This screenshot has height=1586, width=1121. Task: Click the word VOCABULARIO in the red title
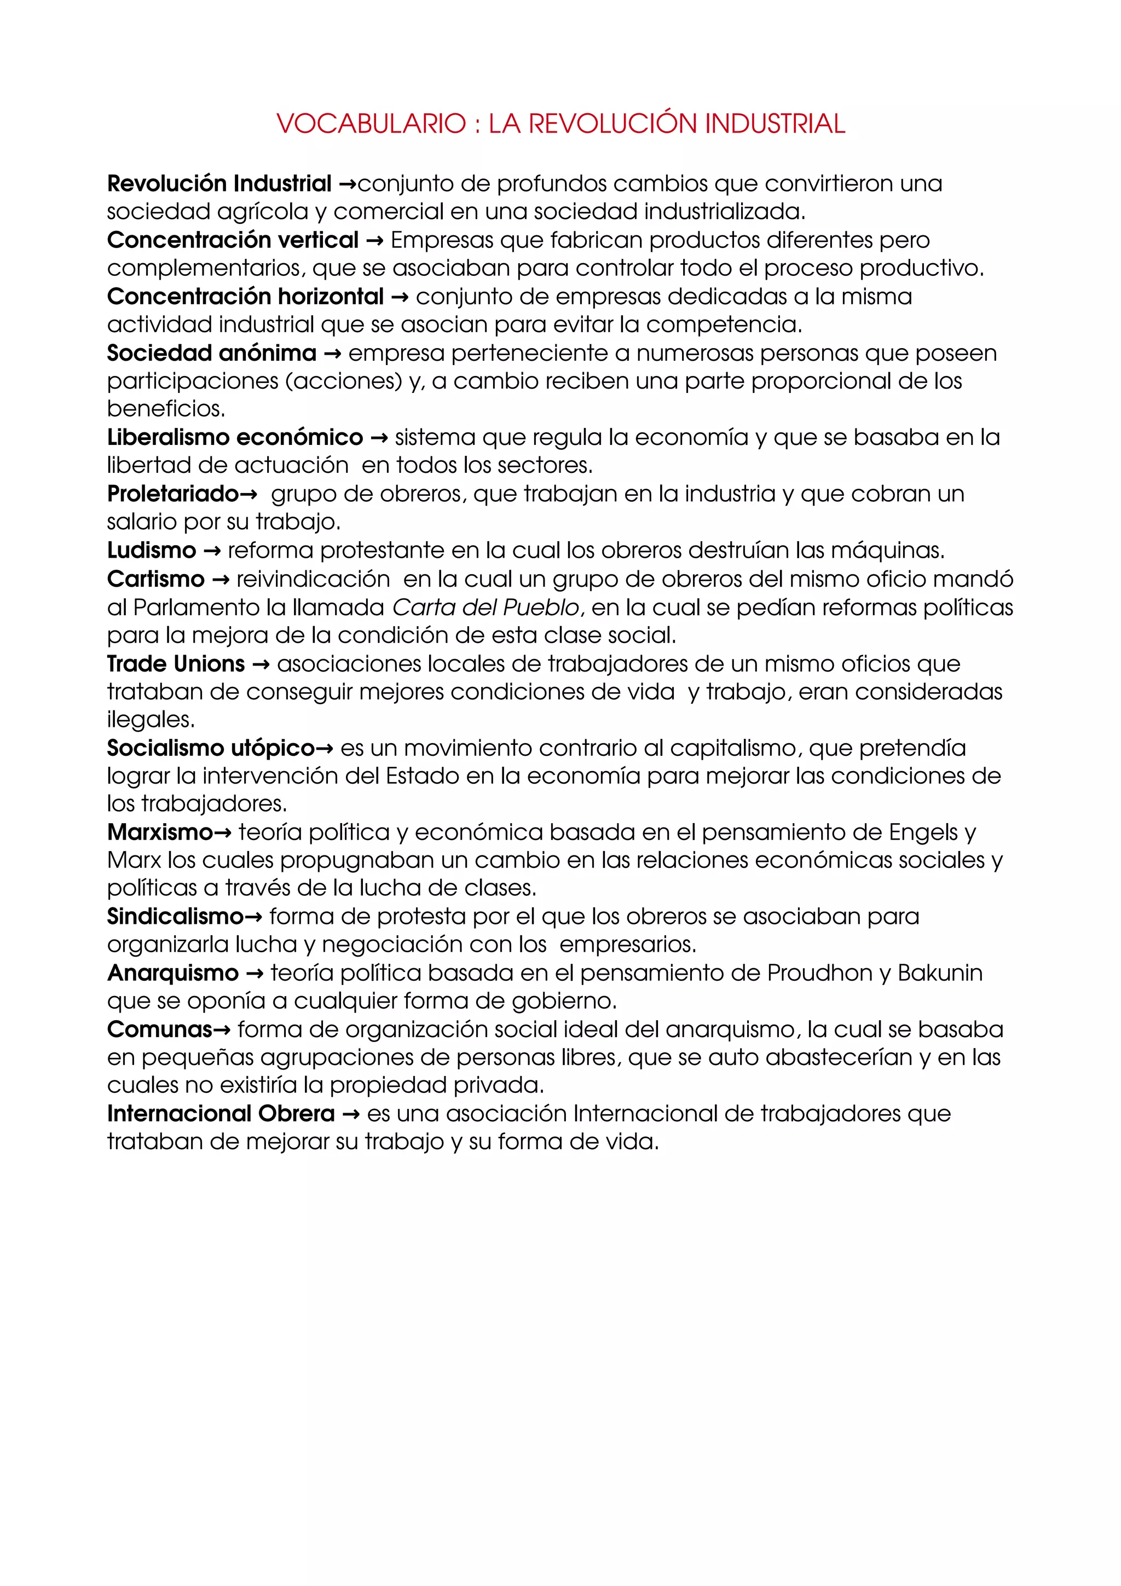click(372, 124)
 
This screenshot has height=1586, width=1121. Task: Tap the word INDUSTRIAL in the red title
click(775, 124)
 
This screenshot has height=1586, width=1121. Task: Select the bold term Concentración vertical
click(233, 240)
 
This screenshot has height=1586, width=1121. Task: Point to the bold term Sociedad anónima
click(211, 353)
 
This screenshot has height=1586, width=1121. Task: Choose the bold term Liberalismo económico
click(235, 437)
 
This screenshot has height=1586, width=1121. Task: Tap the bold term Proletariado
click(172, 494)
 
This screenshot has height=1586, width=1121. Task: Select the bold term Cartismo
click(156, 579)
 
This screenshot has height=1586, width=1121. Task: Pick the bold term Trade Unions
click(176, 664)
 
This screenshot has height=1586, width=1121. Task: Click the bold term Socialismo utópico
click(211, 748)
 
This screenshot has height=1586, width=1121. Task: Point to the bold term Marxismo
click(159, 832)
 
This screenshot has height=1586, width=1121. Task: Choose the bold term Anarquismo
click(172, 973)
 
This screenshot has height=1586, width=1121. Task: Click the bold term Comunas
click(159, 1030)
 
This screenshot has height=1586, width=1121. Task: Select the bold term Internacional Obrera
click(221, 1114)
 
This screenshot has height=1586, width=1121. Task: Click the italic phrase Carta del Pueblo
click(486, 607)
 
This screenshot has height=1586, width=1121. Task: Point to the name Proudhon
click(820, 973)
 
